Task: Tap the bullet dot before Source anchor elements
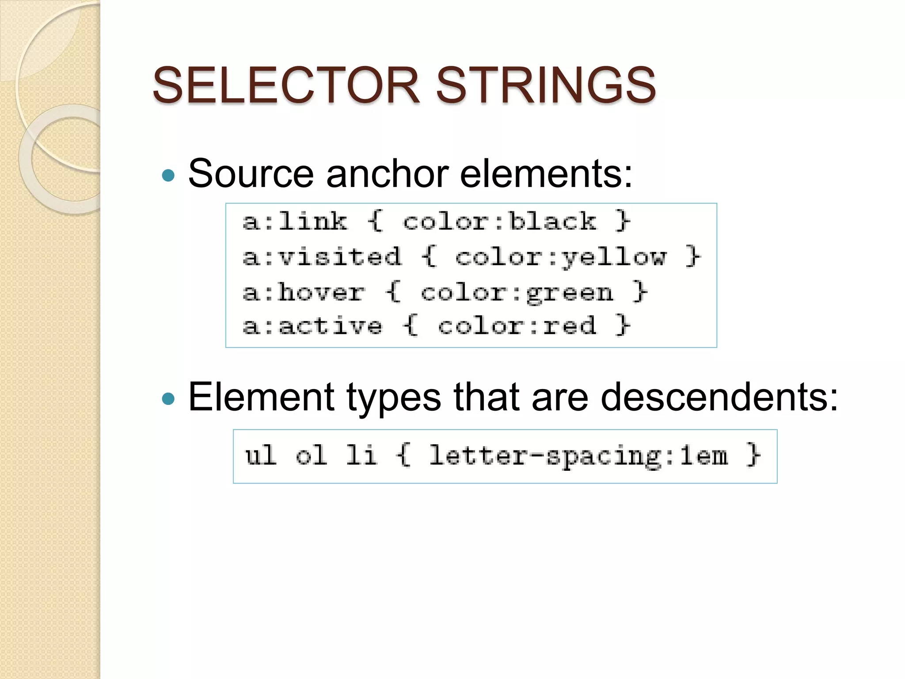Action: (168, 176)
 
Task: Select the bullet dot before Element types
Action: (168, 399)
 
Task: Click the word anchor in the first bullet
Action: (387, 174)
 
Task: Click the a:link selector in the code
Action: (295, 221)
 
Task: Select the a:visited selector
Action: (322, 256)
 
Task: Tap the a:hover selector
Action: (304, 292)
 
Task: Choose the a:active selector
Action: (312, 326)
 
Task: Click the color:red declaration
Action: (517, 326)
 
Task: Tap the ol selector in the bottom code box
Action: (311, 455)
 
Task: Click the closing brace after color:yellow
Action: (693, 256)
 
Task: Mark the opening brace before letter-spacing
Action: (404, 455)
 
